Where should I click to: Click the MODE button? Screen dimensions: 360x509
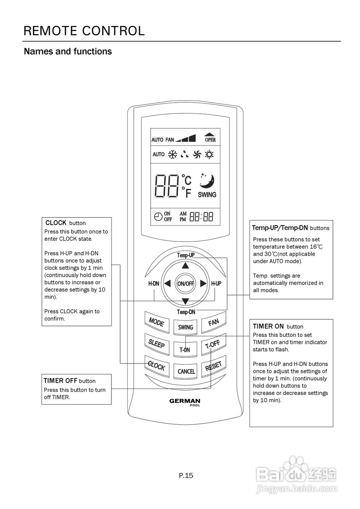[157, 322]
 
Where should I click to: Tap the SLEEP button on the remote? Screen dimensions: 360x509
[157, 344]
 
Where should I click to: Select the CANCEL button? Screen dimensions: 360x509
[185, 371]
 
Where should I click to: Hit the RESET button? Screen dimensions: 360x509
[214, 366]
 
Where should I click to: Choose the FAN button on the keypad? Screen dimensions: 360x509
[214, 322]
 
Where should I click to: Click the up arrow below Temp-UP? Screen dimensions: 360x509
[185, 265]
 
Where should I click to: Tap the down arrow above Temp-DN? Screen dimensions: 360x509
[185, 301]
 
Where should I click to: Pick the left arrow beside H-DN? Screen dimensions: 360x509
[167, 284]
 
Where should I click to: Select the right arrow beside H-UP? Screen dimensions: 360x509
[203, 284]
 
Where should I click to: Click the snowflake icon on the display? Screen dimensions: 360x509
[173, 155]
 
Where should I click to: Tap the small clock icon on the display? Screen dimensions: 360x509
[158, 217]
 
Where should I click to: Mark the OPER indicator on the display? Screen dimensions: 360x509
[210, 138]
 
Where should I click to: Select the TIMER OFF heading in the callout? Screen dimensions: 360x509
[60, 381]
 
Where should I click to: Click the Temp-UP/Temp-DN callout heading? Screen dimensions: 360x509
[280, 228]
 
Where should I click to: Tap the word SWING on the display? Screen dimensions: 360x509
[207, 195]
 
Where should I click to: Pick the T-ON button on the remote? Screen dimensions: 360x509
[185, 349]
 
